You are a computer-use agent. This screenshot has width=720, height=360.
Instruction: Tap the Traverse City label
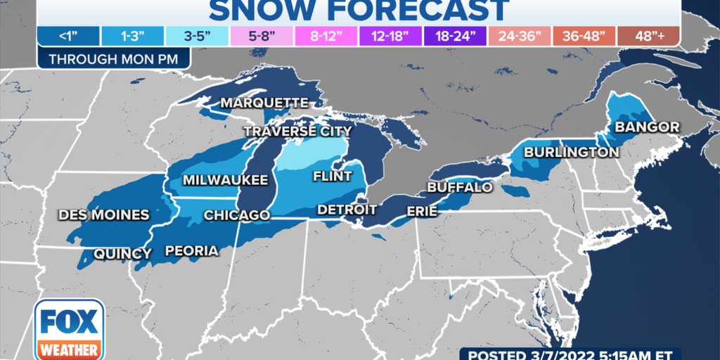tap(297, 131)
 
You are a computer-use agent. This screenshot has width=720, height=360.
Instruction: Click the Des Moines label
tap(103, 214)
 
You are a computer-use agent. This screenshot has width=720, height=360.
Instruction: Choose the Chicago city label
tap(236, 215)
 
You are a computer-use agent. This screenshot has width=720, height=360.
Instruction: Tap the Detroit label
tap(347, 210)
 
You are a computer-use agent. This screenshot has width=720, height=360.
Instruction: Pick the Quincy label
tap(122, 253)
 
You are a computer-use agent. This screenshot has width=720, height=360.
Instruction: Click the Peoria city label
tap(191, 251)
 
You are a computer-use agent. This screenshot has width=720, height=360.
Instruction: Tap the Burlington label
tap(572, 152)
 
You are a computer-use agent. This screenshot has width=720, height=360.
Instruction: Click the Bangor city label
tap(647, 127)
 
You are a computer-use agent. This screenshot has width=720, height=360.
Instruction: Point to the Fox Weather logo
tap(69, 329)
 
